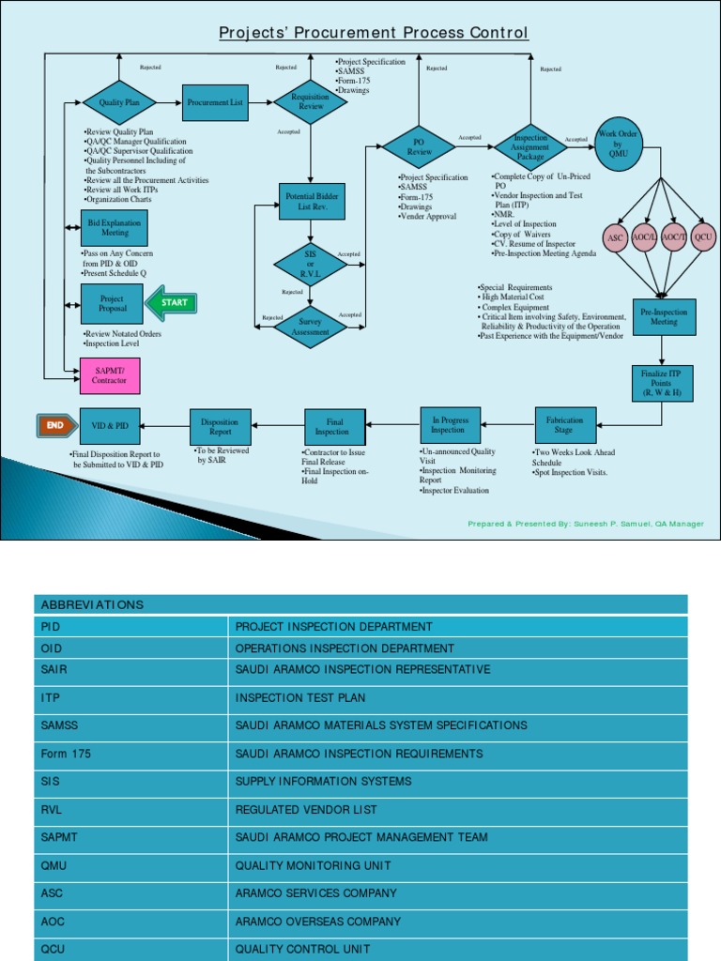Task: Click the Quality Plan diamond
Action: pos(119,101)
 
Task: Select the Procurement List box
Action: pos(215,102)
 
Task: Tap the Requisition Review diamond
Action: pos(310,101)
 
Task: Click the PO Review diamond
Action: pos(419,146)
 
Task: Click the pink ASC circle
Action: pos(616,238)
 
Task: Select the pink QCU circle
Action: pos(703,238)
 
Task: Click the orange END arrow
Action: pos(55,425)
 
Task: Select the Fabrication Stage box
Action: pos(564,425)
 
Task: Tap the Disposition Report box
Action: pos(220,426)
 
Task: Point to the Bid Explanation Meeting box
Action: pos(115,228)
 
